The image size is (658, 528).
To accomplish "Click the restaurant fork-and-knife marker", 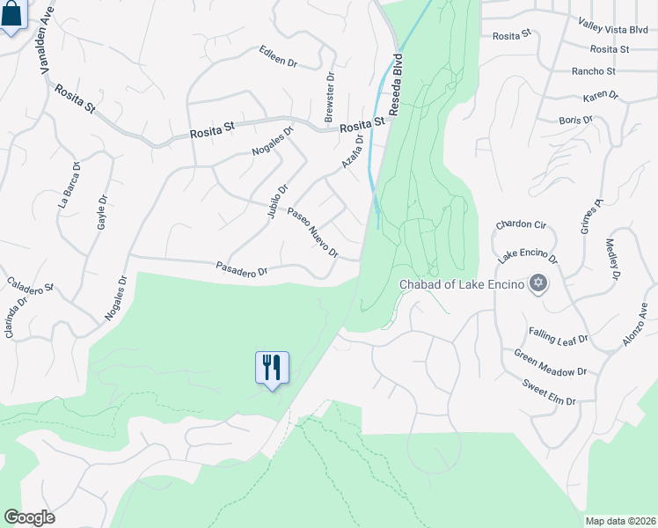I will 272,367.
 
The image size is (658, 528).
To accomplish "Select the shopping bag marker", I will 11,15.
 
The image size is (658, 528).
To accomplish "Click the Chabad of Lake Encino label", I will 462,284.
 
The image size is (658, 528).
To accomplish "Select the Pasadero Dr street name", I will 241,269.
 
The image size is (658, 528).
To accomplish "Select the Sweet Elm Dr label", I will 548,392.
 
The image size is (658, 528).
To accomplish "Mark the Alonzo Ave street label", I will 636,324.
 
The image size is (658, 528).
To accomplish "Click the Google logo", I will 29,517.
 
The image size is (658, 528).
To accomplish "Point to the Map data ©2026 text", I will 620,521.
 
